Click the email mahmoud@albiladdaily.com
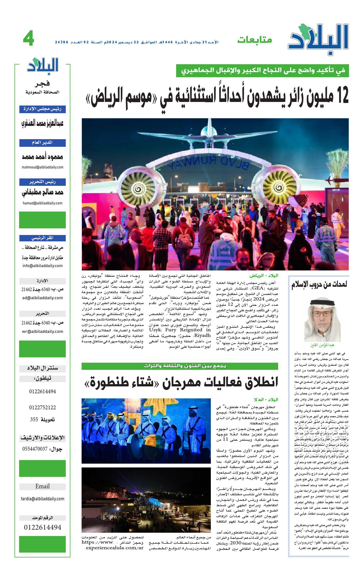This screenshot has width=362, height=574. click(42, 167)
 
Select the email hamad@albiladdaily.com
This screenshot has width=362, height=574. click(42, 203)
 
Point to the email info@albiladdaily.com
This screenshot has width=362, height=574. click(42, 266)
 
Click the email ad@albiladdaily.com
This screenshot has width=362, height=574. click(42, 298)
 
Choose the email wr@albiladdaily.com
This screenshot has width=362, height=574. click(42, 331)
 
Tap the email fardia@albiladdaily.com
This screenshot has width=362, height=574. click(42, 499)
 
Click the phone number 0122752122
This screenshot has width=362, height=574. click(42, 408)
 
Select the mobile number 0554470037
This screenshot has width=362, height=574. click(35, 449)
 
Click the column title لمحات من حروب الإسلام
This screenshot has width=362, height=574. click(319, 285)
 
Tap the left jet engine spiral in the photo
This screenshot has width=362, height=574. click(139, 189)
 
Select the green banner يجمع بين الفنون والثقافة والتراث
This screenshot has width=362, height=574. click(179, 366)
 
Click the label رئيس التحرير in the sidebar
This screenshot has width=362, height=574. click(42, 182)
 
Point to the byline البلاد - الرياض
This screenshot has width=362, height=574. click(264, 276)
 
